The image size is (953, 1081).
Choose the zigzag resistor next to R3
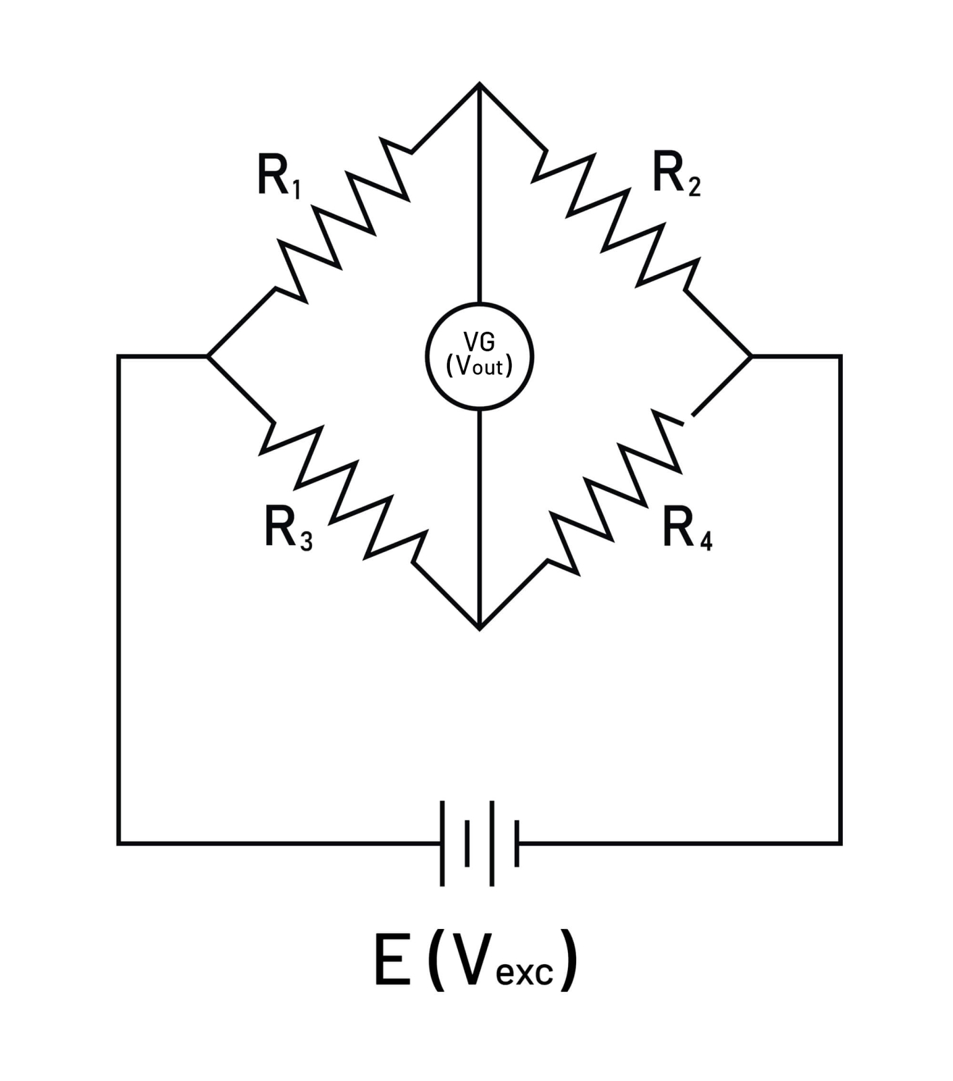pyautogui.click(x=344, y=493)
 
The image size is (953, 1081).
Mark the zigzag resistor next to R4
pyautogui.click(x=615, y=492)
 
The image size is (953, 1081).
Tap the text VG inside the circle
pyautogui.click(x=480, y=342)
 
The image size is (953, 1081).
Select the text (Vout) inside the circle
pyautogui.click(x=480, y=366)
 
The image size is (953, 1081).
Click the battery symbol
pyautogui.click(x=480, y=843)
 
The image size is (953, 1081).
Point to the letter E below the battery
pyautogui.click(x=392, y=959)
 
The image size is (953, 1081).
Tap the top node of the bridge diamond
pyautogui.click(x=480, y=84)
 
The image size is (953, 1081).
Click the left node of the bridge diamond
pyautogui.click(x=208, y=356)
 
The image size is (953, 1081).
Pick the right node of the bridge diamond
pyautogui.click(x=751, y=356)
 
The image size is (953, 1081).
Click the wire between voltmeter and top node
pyautogui.click(x=480, y=196)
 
